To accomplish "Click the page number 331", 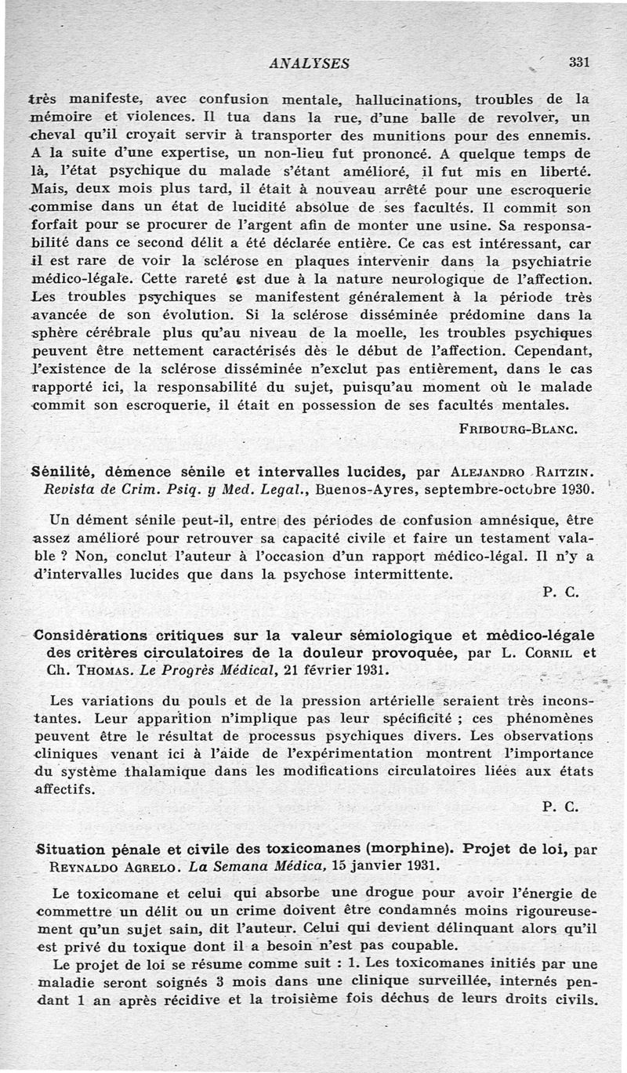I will [578, 63].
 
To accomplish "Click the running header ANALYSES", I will [309, 63].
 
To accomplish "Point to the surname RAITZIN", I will [565, 471].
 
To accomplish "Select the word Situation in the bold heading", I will [71, 848].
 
